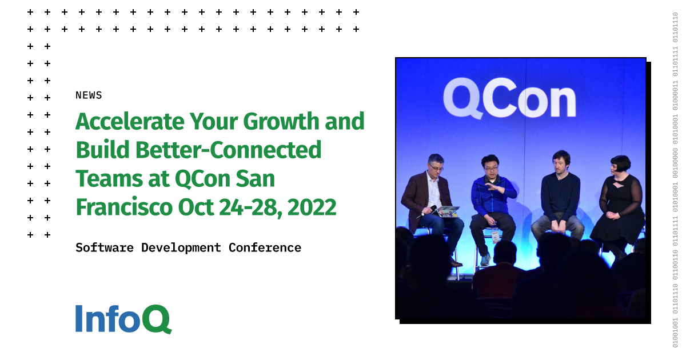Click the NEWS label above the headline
click(89, 95)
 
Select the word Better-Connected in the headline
click(229, 150)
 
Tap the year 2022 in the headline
click(312, 207)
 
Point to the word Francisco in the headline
click(123, 207)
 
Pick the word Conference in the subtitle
click(265, 247)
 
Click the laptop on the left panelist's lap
click(448, 211)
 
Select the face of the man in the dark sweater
click(561, 162)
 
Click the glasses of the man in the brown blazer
click(436, 166)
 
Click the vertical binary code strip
click(675, 180)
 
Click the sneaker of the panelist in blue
click(485, 259)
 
